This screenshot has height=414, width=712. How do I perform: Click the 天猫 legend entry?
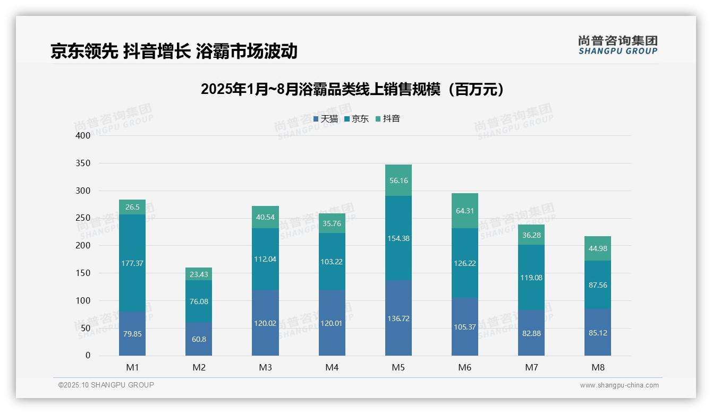[326, 119]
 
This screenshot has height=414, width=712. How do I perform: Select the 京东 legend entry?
[357, 119]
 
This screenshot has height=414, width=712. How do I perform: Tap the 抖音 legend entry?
[388, 119]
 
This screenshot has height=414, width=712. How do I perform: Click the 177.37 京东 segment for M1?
[132, 263]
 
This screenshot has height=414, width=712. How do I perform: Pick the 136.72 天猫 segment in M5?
[399, 318]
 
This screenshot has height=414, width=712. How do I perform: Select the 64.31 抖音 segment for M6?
[465, 211]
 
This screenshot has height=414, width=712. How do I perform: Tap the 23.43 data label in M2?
[199, 274]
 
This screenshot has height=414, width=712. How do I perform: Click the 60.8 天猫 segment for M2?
[199, 339]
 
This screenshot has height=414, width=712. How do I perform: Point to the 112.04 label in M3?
[265, 259]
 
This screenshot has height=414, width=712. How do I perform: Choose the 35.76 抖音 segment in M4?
[332, 223]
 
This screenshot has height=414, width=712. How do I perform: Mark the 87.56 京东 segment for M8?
[598, 285]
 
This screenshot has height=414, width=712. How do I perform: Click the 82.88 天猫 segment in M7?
[531, 333]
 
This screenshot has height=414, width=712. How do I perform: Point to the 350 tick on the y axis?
[83, 163]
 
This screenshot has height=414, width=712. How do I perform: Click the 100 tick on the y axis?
[83, 300]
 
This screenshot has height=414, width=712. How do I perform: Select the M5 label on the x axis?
[399, 367]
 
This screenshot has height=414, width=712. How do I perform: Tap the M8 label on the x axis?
[598, 367]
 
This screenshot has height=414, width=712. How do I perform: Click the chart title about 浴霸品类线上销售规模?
[352, 90]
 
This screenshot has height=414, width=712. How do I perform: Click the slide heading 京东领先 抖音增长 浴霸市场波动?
[174, 51]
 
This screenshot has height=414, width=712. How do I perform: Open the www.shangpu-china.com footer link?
[619, 385]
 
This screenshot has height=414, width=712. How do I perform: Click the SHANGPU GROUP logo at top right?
[617, 45]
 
